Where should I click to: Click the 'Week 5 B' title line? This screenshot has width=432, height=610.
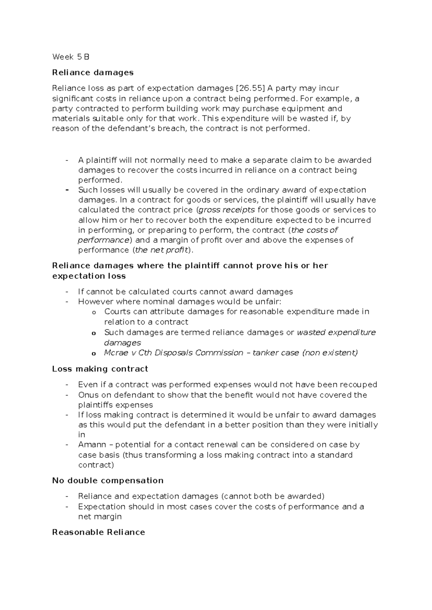(71, 57)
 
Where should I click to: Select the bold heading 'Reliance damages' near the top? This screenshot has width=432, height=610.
(93, 72)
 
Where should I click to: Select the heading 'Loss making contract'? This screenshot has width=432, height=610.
(100, 369)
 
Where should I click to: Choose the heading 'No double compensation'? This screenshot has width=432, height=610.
(108, 481)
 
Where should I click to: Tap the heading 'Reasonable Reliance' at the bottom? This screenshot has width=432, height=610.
(98, 532)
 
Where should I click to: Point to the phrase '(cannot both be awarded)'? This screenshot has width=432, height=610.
(273, 496)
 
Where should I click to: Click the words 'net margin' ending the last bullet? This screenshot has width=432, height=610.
(100, 516)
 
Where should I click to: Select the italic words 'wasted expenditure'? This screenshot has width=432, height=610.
(336, 332)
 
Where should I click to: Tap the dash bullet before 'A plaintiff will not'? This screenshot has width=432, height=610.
(67, 160)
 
